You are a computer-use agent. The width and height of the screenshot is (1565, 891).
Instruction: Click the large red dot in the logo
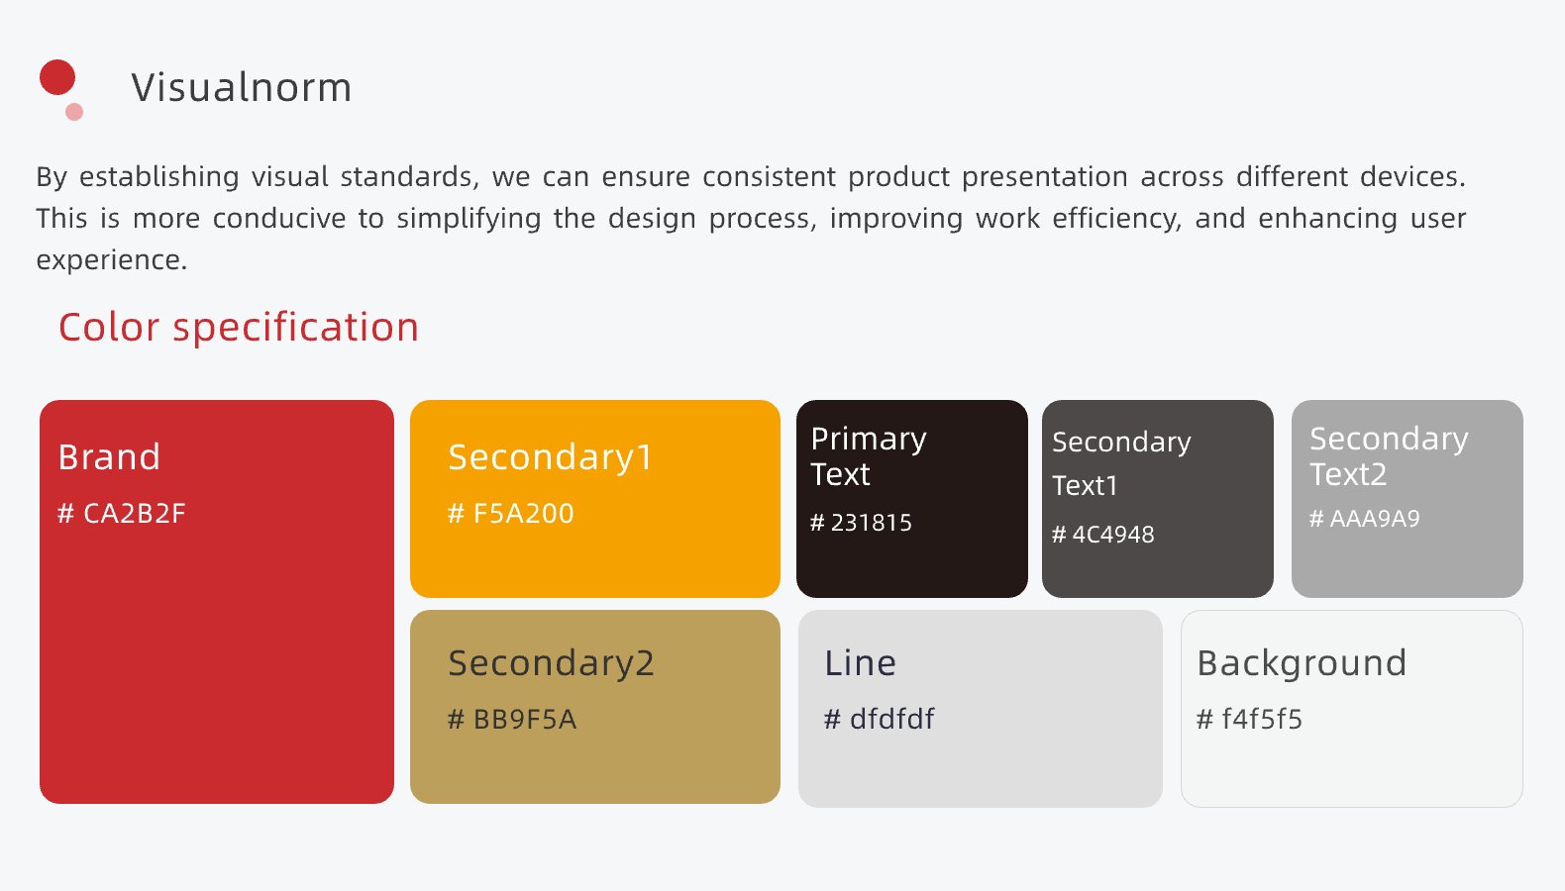tap(57, 77)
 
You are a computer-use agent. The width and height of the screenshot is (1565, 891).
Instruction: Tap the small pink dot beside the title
tap(74, 112)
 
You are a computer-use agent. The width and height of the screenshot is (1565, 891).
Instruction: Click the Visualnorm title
tap(241, 87)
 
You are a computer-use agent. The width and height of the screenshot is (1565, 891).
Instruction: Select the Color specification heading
tap(239, 327)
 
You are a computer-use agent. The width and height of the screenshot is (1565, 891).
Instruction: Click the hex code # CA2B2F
tap(122, 513)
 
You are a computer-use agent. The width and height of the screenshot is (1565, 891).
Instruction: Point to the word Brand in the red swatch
tap(109, 457)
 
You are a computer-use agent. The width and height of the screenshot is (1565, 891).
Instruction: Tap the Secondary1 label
tap(550, 458)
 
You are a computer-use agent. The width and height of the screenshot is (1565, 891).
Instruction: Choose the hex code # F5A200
tap(511, 513)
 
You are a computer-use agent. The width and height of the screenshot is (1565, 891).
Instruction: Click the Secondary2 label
tap(552, 664)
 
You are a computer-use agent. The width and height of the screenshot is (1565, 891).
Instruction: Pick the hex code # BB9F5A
tap(512, 719)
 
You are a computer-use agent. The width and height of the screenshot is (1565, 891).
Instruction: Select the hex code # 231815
tap(861, 523)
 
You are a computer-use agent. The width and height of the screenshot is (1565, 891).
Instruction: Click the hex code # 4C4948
tap(1103, 535)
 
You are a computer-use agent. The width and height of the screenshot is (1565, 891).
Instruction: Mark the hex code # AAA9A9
tap(1365, 518)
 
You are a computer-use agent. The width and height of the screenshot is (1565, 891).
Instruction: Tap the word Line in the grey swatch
tap(860, 663)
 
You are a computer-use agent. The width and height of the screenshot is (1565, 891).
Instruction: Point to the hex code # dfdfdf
tap(879, 719)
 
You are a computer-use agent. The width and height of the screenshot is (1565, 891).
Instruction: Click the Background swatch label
tap(1302, 664)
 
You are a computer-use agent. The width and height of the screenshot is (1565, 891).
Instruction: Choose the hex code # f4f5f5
tap(1249, 719)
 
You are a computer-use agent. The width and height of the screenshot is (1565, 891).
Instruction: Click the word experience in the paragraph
tap(112, 260)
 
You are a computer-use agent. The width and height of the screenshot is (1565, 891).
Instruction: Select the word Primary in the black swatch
tap(869, 441)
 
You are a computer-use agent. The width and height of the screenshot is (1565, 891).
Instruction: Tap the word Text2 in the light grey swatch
tap(1348, 475)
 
